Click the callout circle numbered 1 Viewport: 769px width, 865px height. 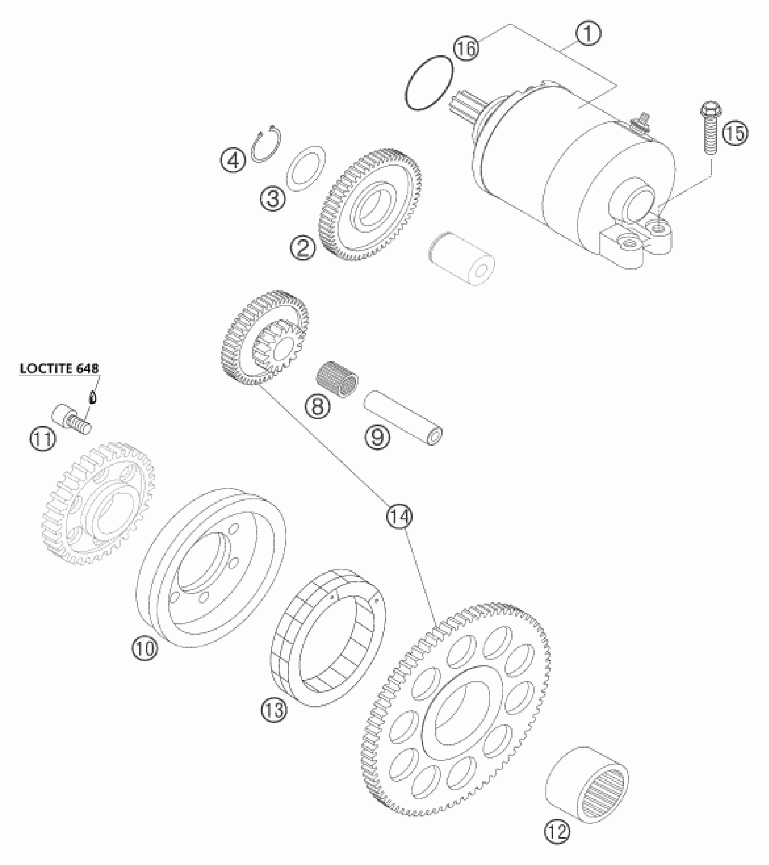588,35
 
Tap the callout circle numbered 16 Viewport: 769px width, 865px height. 466,48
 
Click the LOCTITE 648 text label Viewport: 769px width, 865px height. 59,368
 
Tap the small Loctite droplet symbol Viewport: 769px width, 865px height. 92,398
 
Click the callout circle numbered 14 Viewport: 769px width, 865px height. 400,516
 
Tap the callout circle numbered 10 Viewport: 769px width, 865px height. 145,648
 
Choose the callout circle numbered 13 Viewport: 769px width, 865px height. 274,710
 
